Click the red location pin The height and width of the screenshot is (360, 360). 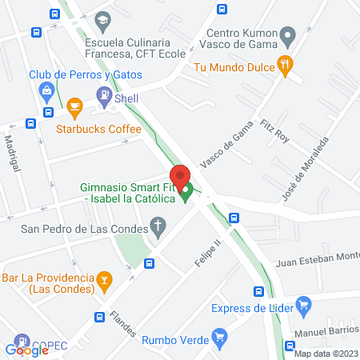pyautogui.click(x=179, y=177)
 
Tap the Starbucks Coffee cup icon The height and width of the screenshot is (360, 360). pyautogui.click(x=74, y=106)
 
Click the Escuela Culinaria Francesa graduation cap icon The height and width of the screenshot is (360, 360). pyautogui.click(x=102, y=19)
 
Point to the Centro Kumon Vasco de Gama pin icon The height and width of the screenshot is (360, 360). pyautogui.click(x=290, y=34)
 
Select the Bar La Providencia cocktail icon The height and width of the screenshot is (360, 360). pyautogui.click(x=103, y=279)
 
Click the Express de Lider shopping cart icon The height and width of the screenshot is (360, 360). pyautogui.click(x=302, y=304)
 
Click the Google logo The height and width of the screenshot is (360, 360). pyautogui.click(x=27, y=350)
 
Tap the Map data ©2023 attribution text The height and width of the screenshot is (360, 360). pyautogui.click(x=326, y=354)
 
